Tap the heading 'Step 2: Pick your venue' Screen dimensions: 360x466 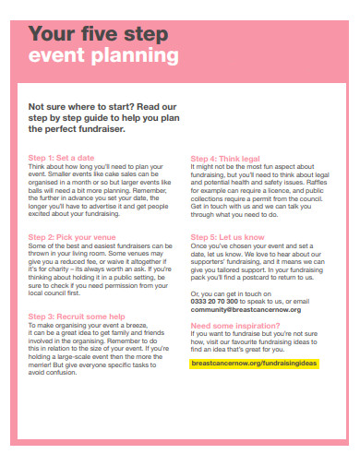click(x=72, y=237)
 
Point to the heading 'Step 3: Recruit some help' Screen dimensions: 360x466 click(x=77, y=317)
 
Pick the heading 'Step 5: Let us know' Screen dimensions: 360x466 click(x=225, y=237)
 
